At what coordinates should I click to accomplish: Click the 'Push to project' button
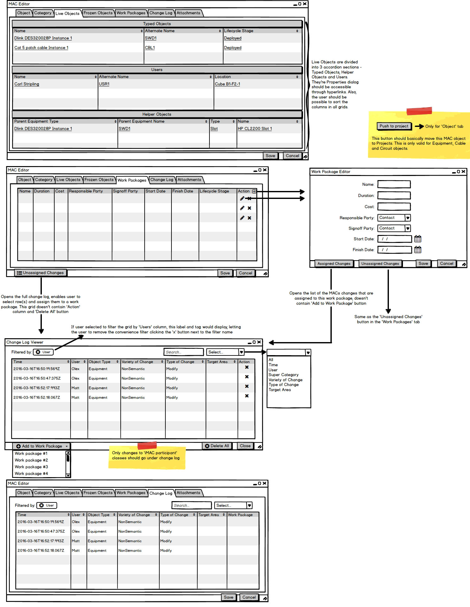394,126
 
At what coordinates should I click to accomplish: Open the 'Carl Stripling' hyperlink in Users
27,84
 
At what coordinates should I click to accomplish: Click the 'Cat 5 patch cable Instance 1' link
41,48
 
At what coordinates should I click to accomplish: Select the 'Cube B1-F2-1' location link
227,84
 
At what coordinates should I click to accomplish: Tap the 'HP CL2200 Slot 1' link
255,129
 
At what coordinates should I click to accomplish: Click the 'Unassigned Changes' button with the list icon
41,273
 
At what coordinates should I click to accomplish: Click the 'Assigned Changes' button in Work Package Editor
334,264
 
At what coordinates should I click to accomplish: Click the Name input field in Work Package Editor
394,185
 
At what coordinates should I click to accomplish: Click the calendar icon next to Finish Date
418,250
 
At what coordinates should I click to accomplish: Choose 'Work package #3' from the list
31,467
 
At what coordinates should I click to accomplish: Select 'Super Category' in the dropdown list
284,375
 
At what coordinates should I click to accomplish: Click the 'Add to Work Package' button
42,446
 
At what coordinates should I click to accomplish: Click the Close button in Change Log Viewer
245,446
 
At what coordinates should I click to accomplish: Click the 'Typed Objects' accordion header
157,24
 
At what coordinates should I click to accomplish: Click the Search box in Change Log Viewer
184,352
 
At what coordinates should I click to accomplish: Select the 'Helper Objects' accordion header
157,114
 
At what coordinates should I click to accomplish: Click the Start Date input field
395,239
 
